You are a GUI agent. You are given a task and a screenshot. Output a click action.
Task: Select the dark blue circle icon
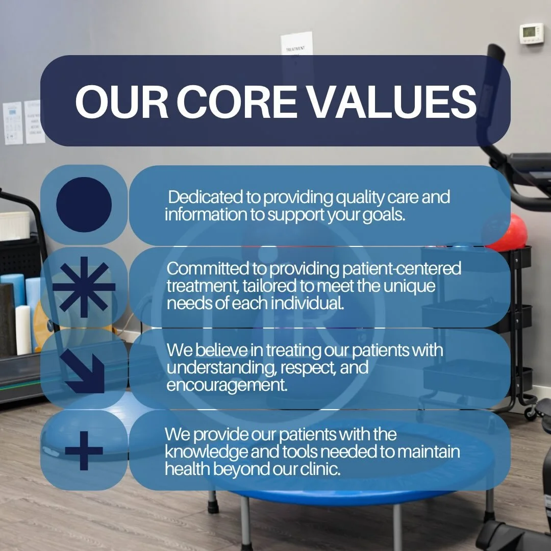click(84, 205)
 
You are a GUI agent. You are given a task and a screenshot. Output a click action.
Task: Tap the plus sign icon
click(84, 450)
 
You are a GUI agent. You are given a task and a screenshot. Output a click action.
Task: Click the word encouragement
click(227, 385)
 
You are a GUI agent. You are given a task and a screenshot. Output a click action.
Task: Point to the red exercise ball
click(508, 232)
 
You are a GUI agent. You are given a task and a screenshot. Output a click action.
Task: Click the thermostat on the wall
click(531, 33)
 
